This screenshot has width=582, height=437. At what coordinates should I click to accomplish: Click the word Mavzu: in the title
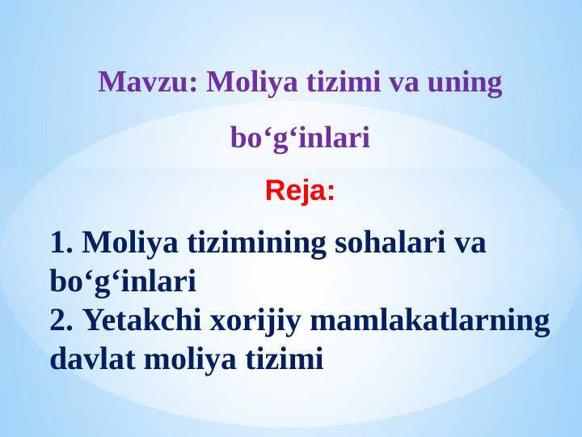pyautogui.click(x=148, y=83)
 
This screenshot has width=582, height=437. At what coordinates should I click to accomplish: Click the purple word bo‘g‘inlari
pyautogui.click(x=300, y=138)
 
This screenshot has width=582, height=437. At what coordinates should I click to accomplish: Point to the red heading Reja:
pyautogui.click(x=300, y=192)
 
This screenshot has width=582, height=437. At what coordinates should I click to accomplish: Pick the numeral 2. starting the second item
pyautogui.click(x=62, y=320)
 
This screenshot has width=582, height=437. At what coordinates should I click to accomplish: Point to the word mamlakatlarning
pyautogui.click(x=429, y=320)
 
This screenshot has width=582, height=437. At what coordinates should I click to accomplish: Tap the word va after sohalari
pyautogui.click(x=469, y=242)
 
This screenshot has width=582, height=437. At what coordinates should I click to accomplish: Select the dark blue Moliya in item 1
pyautogui.click(x=132, y=242)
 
